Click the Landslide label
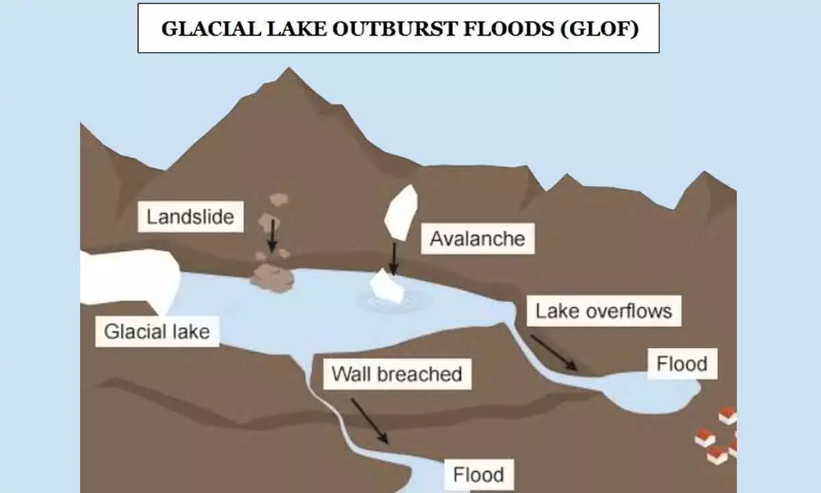tap(190, 218)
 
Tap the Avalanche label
tap(477, 238)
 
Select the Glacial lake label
tap(157, 332)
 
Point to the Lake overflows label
tap(603, 312)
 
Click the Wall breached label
tap(397, 374)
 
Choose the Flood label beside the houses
tap(681, 363)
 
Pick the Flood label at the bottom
tap(479, 474)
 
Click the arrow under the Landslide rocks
tap(272, 236)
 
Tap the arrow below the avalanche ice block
tap(393, 258)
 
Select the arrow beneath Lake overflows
tap(555, 353)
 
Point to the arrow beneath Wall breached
tap(369, 421)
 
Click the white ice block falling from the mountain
tap(401, 212)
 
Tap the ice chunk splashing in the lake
tap(387, 286)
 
